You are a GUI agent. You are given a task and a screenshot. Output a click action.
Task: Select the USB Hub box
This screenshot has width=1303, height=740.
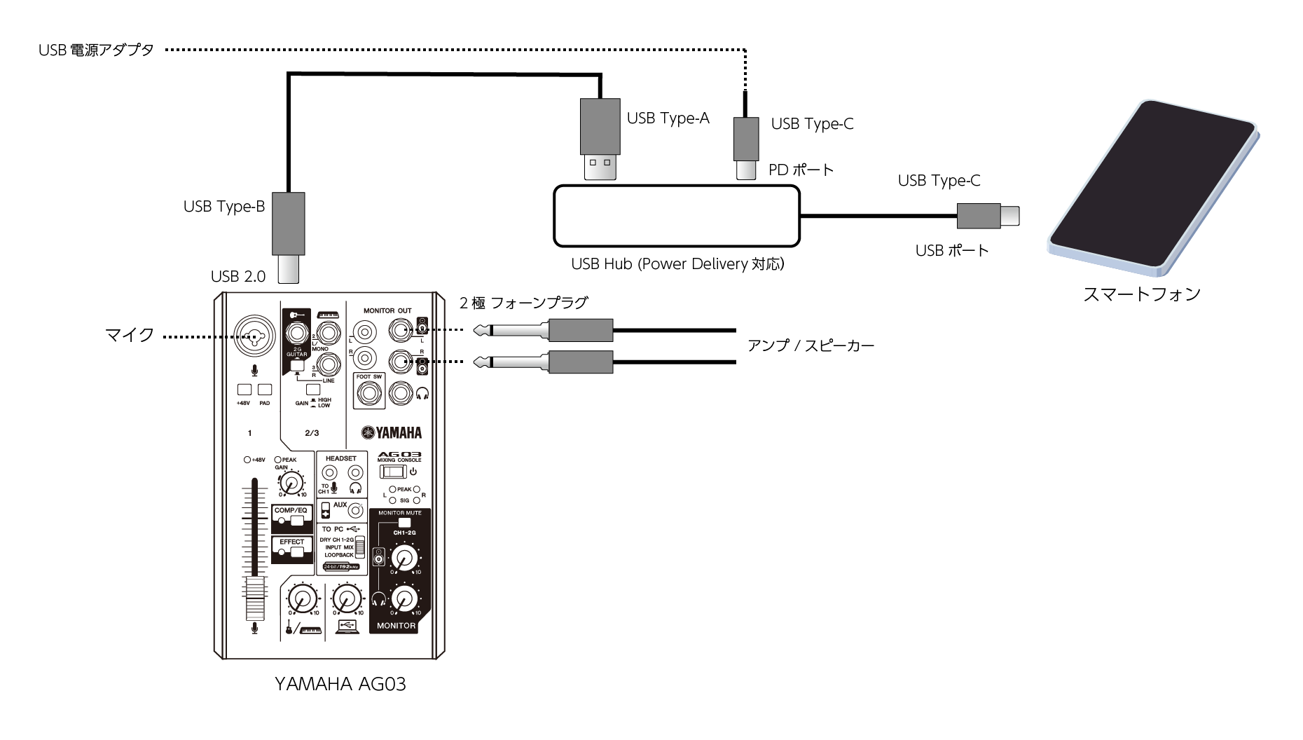(676, 216)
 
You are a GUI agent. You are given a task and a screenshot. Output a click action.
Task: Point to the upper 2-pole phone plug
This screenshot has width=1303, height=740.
(546, 329)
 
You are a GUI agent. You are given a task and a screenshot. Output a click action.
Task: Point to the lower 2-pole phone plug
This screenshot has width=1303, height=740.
(546, 362)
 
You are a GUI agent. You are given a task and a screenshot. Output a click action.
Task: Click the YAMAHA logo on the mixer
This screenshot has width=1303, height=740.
(392, 432)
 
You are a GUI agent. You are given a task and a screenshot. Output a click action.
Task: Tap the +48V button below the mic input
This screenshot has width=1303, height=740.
(244, 390)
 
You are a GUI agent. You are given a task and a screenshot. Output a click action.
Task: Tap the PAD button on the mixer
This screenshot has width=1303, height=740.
(265, 390)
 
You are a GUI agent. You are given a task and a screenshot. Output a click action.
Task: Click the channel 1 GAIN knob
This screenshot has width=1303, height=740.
(291, 482)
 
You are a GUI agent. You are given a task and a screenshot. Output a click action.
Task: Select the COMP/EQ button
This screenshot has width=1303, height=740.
(291, 519)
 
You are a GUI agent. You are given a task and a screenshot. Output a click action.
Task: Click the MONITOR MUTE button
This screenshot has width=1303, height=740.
(404, 523)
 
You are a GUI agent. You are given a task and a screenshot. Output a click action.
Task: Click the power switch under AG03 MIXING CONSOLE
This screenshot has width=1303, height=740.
(393, 471)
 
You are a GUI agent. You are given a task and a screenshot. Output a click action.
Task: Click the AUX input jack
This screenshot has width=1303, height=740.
(355, 510)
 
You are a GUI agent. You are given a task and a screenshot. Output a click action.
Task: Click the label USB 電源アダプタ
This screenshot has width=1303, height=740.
(96, 50)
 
